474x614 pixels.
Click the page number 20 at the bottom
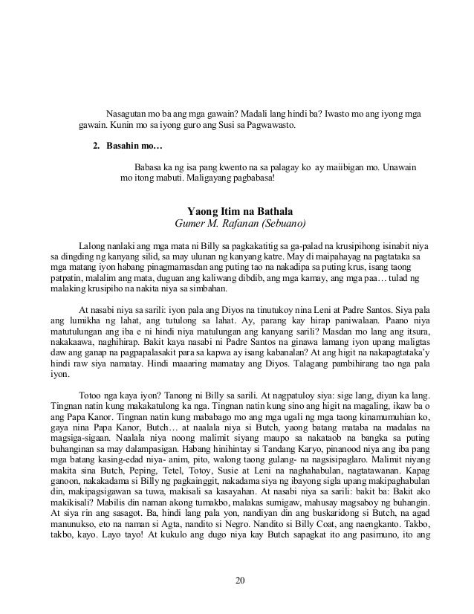point(237,581)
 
